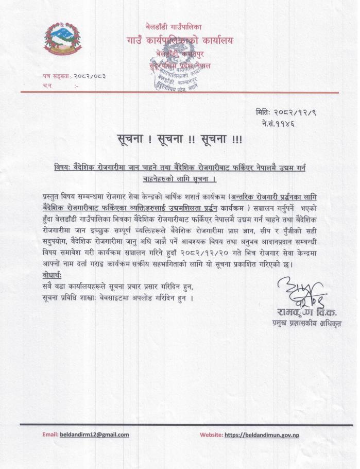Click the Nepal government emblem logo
tap(62, 40)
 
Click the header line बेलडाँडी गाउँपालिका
tap(174, 26)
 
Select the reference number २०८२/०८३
tap(90, 76)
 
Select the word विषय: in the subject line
tap(64, 168)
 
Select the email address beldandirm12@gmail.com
tap(94, 434)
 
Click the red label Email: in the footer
tap(50, 434)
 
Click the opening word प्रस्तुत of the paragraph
tap(54, 197)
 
